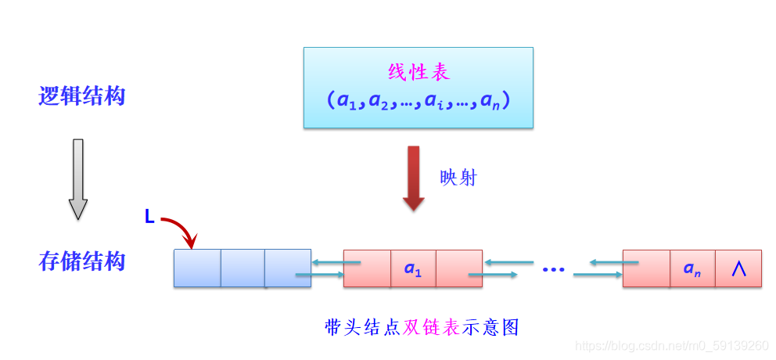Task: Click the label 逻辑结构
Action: click(82, 96)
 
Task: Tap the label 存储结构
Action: click(82, 261)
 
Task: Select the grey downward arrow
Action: click(78, 179)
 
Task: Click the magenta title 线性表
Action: click(419, 73)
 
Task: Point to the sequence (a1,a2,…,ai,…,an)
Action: click(419, 101)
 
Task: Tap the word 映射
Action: click(458, 178)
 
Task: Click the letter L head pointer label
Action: click(149, 217)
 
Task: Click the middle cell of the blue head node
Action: click(242, 268)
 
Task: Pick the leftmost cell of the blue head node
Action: click(197, 268)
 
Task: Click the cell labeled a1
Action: click(413, 268)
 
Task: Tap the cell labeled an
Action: click(692, 268)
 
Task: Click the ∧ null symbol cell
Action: click(738, 268)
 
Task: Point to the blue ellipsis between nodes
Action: click(553, 270)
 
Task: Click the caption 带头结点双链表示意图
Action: click(422, 327)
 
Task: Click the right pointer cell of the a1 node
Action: click(459, 268)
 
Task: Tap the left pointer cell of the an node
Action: click(647, 268)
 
